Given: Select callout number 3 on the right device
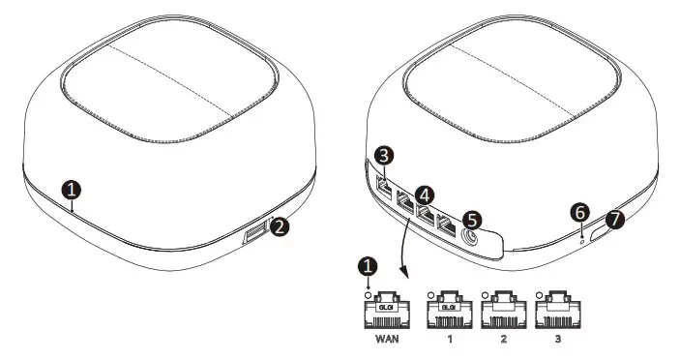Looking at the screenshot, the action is [384, 155].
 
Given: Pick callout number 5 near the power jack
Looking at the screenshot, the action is [473, 220].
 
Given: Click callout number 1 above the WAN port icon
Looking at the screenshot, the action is [366, 263].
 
